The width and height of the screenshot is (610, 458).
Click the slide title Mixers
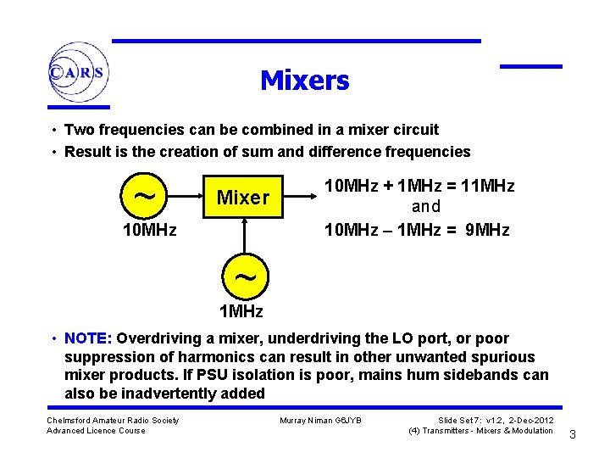(304, 81)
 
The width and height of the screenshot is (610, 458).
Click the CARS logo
(77, 72)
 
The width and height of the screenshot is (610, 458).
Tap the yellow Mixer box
(243, 198)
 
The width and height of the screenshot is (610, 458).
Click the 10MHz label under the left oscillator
(150, 230)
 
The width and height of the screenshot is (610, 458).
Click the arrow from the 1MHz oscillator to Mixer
(244, 237)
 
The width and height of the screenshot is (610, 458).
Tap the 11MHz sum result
(489, 186)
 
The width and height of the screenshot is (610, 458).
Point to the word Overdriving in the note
(169, 338)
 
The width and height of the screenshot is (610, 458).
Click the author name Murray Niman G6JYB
(319, 421)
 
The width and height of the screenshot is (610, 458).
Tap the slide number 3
(573, 435)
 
